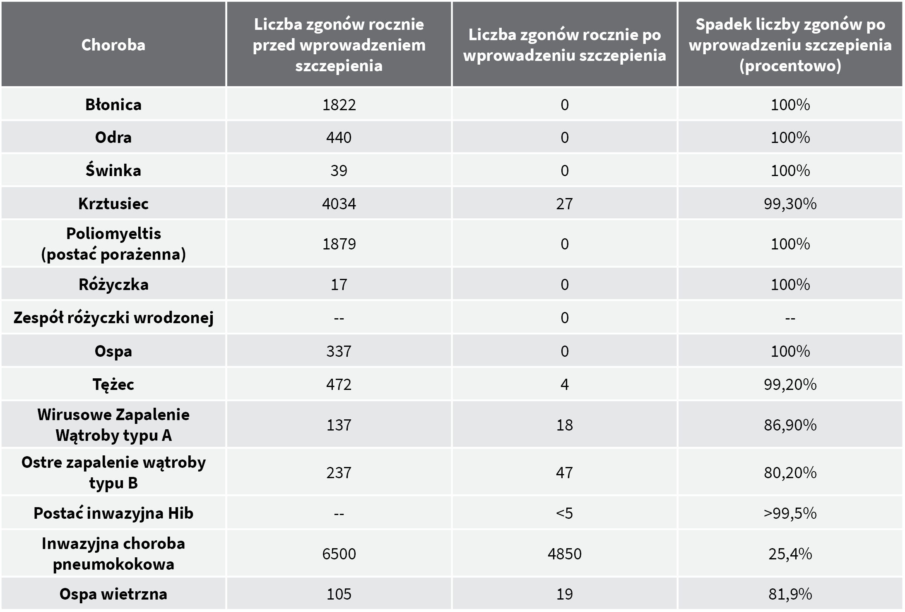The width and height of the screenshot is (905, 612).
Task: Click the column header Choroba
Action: point(113,45)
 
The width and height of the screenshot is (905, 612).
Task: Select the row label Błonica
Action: point(113,104)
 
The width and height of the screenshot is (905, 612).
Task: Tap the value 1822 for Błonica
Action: point(339,104)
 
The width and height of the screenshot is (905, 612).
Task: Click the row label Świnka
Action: point(113,170)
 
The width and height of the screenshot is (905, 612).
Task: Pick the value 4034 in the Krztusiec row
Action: point(339,203)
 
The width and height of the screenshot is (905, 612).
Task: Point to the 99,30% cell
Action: point(790,203)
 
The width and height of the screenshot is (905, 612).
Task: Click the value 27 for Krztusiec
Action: point(564,203)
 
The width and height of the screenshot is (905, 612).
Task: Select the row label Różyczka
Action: point(113,285)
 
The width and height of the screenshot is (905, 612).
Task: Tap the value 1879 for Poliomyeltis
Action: point(339,244)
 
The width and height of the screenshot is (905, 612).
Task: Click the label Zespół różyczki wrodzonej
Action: point(113,318)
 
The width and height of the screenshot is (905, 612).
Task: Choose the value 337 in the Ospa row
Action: point(339,351)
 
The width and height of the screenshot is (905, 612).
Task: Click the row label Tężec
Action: point(113,384)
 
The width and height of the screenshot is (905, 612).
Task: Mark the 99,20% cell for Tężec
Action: point(790,384)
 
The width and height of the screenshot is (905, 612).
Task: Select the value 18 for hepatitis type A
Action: point(564,425)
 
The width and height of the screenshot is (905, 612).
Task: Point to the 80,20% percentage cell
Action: point(790,472)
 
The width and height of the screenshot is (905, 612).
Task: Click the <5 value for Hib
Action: point(564,513)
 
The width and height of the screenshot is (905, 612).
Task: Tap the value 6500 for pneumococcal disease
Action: point(339,554)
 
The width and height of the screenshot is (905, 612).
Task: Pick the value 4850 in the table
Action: point(564,554)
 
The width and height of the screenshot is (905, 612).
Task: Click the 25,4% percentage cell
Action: point(790,554)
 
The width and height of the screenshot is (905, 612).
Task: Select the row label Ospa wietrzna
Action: point(113,594)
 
